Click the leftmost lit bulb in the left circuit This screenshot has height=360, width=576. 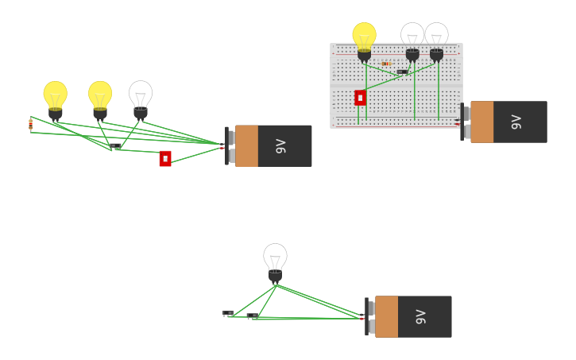(55, 97)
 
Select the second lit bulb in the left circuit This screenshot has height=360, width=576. (100, 97)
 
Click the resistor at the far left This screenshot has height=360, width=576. (30, 124)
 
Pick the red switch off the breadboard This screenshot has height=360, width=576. (165, 158)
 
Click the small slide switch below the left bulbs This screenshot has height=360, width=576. (116, 145)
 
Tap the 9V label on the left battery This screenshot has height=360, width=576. (280, 145)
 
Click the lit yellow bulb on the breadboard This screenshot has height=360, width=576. (364, 39)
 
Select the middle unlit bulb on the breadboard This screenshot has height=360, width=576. (412, 39)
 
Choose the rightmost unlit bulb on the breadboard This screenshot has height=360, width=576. (436, 39)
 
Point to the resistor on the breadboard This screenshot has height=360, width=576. (386, 64)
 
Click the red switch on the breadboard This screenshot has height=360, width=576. (360, 98)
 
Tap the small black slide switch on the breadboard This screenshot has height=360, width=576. (403, 72)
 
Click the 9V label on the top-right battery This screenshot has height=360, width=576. (516, 122)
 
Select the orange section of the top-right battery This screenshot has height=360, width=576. (481, 122)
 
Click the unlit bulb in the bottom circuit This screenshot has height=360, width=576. (275, 261)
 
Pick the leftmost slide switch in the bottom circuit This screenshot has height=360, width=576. (228, 313)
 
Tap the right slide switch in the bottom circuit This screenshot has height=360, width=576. (253, 315)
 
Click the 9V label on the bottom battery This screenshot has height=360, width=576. (420, 316)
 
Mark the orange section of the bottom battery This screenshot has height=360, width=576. (386, 316)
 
